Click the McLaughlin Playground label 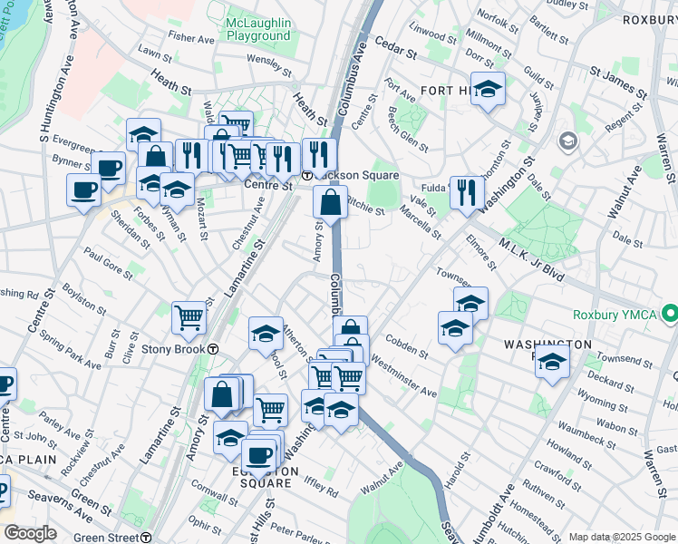pyautogui.click(x=258, y=28)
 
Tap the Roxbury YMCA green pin pyautogui.click(x=670, y=315)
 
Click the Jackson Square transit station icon pyautogui.click(x=307, y=175)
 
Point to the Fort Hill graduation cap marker pyautogui.click(x=488, y=90)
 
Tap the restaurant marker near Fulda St pyautogui.click(x=467, y=192)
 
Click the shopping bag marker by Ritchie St pyautogui.click(x=331, y=203)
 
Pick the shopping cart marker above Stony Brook pyautogui.click(x=189, y=317)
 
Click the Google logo pyautogui.click(x=29, y=532)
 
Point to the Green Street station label pyautogui.click(x=106, y=537)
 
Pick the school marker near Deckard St pyautogui.click(x=551, y=362)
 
